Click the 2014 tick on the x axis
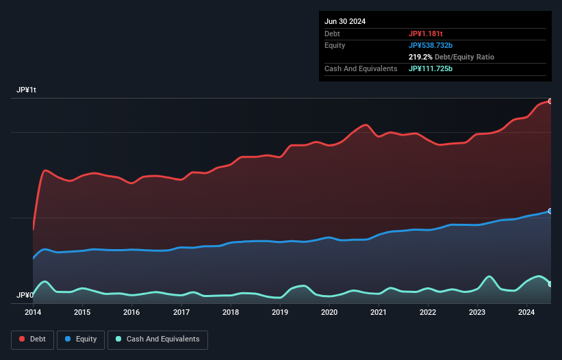pos(33,313)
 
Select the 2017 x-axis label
pos(181,313)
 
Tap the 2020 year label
pos(329,313)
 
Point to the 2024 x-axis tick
pos(526,313)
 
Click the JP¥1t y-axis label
pos(26,90)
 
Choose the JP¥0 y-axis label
pos(25,296)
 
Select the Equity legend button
pos(81,339)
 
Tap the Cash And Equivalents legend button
pos(157,339)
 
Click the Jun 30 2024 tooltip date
pos(345,21)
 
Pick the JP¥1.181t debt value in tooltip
pos(426,34)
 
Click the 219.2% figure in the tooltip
pos(420,57)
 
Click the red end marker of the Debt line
pos(550,101)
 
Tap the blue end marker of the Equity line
pos(550,211)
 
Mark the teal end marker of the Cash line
pos(550,283)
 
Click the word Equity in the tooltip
pos(335,45)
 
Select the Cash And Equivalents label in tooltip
pos(361,69)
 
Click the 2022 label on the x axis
pos(428,313)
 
